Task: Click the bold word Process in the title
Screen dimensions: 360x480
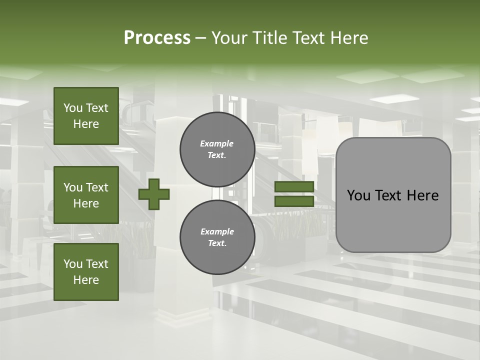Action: (x=157, y=38)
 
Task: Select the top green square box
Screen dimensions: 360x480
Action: (x=86, y=116)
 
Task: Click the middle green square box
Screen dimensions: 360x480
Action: (x=86, y=195)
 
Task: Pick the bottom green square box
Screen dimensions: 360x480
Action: (x=86, y=272)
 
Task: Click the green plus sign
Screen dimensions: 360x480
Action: (x=154, y=194)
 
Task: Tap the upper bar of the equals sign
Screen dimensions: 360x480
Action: (x=294, y=186)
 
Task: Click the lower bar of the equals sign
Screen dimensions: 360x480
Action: (x=294, y=201)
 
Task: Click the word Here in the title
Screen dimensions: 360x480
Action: (x=349, y=38)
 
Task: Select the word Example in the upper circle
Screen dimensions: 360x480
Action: (x=217, y=144)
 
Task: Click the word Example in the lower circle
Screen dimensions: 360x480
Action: (x=217, y=232)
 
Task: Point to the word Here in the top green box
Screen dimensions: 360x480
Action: (x=86, y=124)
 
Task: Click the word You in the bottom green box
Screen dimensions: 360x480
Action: (x=73, y=264)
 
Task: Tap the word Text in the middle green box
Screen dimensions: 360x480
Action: (x=97, y=187)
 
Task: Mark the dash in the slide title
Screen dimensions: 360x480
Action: (x=201, y=38)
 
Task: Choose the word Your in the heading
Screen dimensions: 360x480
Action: (x=229, y=38)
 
